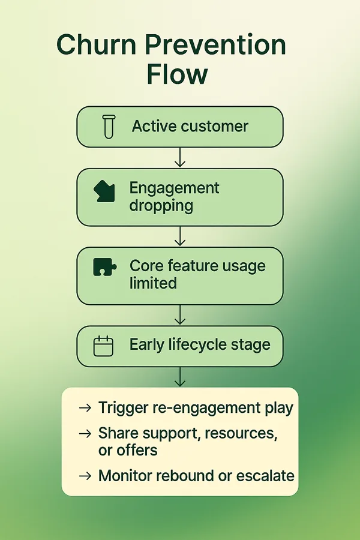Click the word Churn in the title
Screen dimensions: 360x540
coord(97,44)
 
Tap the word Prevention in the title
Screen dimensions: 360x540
coord(215,44)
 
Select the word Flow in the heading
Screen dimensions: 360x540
coord(177,74)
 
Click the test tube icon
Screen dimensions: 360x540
coord(109,127)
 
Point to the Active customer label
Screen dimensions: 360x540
coord(190,126)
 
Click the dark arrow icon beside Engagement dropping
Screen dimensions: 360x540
coord(104,191)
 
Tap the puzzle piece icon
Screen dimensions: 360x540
coord(105,267)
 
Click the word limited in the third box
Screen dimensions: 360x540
coord(154,283)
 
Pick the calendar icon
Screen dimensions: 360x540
coord(103,346)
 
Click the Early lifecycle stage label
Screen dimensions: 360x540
coord(200,344)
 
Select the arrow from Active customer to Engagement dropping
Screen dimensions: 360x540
coord(180,157)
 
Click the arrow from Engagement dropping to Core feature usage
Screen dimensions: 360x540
coord(180,236)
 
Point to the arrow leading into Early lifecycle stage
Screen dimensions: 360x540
coord(180,315)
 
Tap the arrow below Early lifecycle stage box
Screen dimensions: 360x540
coord(180,377)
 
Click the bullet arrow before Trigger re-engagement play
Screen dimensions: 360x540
coord(85,408)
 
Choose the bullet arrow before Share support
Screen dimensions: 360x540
coord(85,434)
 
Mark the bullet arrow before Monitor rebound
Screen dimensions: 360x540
coord(85,476)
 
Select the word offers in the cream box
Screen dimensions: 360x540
coord(137,451)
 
